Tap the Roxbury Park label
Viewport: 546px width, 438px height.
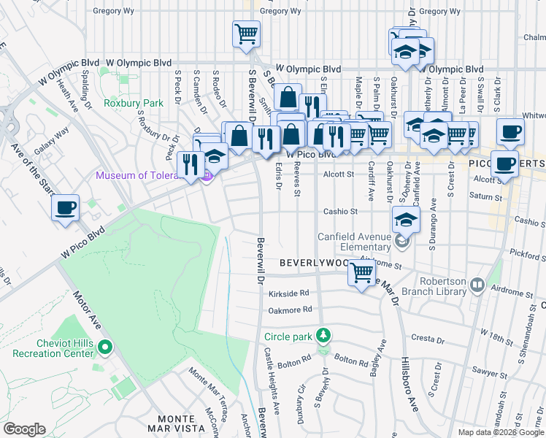coord(134,103)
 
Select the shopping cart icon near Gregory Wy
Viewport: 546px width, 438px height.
coord(246,34)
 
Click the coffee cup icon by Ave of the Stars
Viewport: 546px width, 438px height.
coord(66,207)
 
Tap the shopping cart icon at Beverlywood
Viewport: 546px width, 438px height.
coord(362,274)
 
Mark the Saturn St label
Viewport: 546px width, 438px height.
coord(482,196)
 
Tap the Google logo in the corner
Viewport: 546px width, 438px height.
coord(24,429)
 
